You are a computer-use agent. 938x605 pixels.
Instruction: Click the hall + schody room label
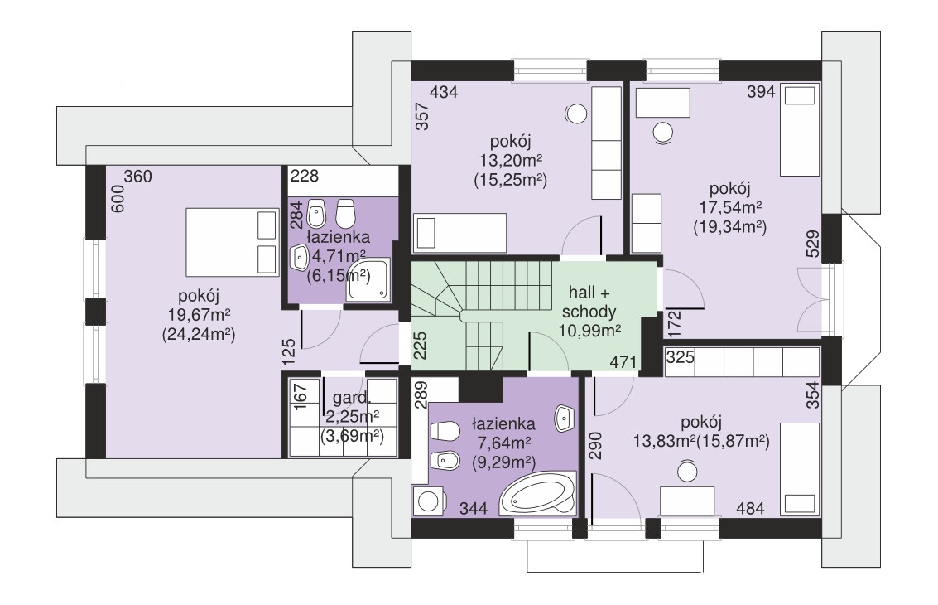coord(589,302)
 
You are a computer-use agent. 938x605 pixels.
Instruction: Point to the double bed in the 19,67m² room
coord(233,242)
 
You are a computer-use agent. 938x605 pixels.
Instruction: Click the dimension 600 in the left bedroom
coord(118,198)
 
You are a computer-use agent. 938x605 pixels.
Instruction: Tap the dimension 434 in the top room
coord(445,92)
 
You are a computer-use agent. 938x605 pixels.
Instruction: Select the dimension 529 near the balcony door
coord(812,244)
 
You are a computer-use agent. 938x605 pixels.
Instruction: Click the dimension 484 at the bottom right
coord(750,509)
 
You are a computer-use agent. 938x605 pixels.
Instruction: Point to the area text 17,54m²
coord(730,208)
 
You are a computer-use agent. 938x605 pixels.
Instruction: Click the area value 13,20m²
coord(511,161)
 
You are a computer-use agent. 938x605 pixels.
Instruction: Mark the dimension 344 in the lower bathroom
coord(474,509)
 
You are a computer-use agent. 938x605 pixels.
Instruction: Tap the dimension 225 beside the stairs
coord(421,346)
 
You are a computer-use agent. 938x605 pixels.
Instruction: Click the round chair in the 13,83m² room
coord(687,472)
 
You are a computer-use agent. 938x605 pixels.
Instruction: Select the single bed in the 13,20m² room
coord(460,232)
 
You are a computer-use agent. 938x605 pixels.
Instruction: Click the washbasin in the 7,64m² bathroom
coord(564,418)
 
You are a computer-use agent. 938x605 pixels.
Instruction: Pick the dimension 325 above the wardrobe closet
coord(681,357)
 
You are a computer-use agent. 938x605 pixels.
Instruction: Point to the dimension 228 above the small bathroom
coord(305,176)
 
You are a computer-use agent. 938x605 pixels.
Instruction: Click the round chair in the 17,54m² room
coord(663,133)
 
